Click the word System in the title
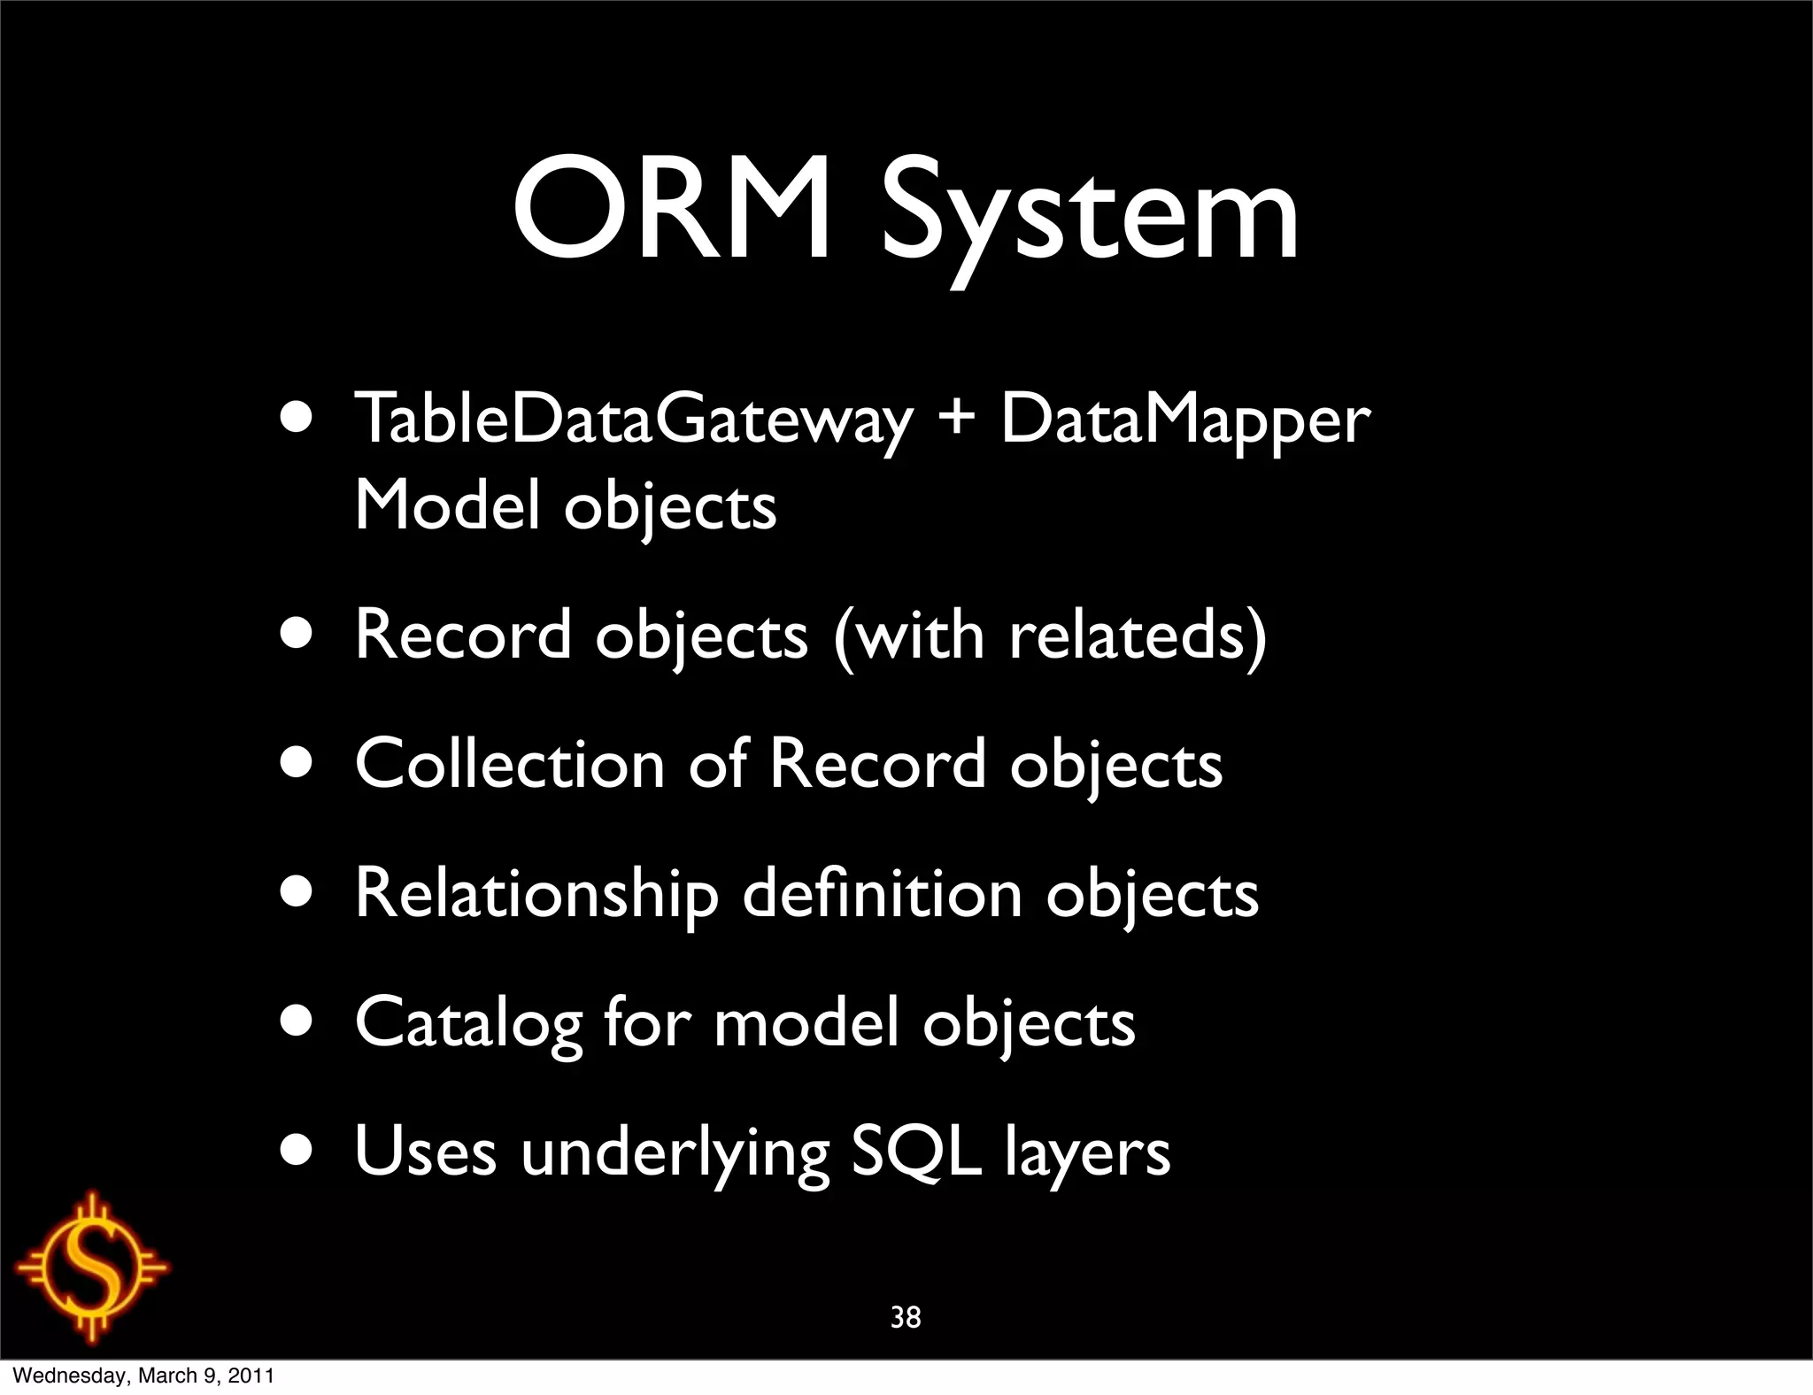click(x=1090, y=217)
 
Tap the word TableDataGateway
click(x=633, y=420)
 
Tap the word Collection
click(x=509, y=763)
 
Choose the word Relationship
click(x=536, y=894)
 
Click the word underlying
click(x=675, y=1154)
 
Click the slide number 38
click(x=906, y=1318)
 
